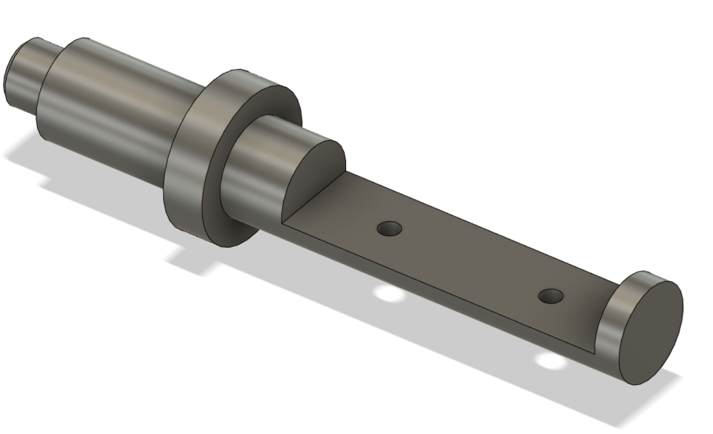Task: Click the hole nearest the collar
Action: click(387, 228)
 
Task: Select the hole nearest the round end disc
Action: click(550, 297)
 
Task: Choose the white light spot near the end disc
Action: click(550, 362)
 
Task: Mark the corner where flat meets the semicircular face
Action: click(284, 222)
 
